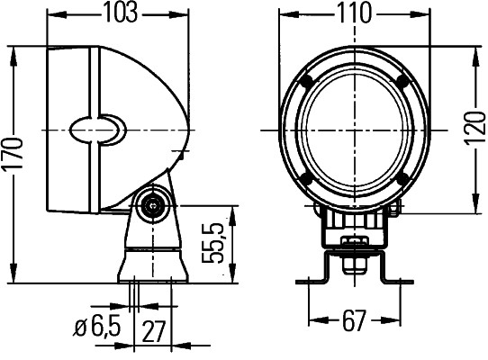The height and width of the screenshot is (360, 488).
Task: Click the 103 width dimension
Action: coord(120,13)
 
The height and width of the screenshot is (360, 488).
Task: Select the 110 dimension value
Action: coord(353,13)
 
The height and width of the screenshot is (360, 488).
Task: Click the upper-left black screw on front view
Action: coord(309,82)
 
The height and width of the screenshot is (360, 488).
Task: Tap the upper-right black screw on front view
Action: coord(402,82)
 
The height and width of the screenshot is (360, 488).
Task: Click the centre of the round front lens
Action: coord(355,131)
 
